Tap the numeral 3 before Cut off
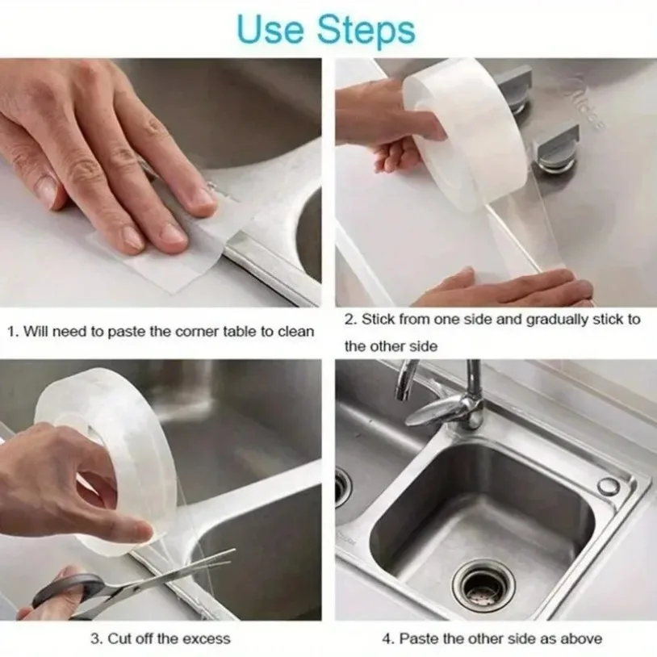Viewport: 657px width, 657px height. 94,638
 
